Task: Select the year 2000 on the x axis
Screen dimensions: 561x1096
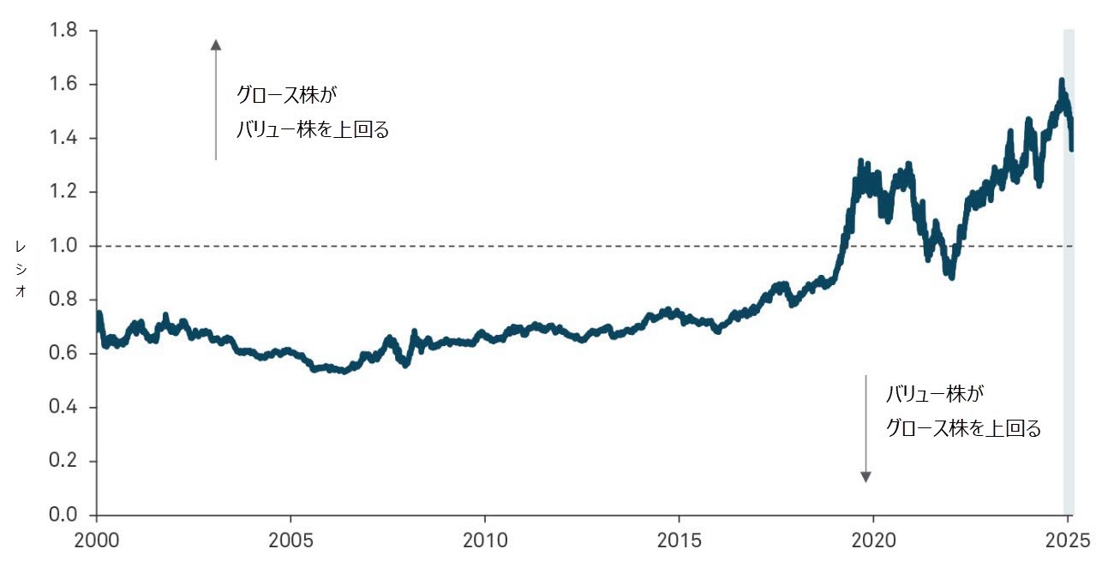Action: point(97,541)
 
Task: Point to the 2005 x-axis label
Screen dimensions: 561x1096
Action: point(290,541)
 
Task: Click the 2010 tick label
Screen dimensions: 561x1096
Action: point(485,541)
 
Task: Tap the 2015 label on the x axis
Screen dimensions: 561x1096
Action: point(679,541)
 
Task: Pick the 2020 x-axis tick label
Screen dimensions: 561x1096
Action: point(873,541)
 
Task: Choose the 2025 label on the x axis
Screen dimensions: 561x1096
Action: point(1067,541)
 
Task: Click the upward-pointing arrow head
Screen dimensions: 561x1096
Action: point(216,45)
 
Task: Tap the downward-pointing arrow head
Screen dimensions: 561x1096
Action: point(865,476)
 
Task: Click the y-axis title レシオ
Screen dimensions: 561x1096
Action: point(20,268)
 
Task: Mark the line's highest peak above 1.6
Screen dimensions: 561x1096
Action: point(1062,81)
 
